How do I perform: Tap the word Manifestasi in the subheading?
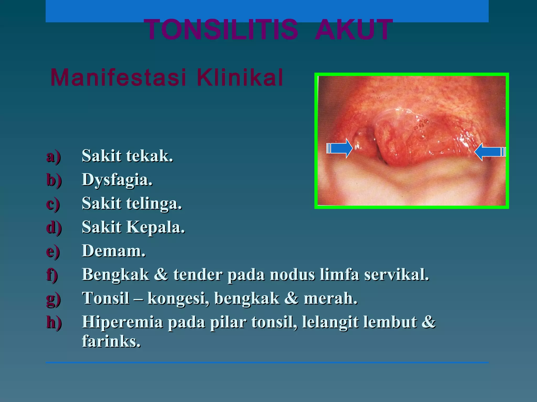pyautogui.click(x=118, y=77)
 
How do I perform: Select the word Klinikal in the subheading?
pyautogui.click(x=240, y=77)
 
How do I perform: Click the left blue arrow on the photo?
pyautogui.click(x=340, y=148)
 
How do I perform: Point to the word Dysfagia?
pyautogui.click(x=117, y=180)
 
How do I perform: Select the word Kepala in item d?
pyautogui.click(x=156, y=227)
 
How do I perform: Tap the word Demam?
pyautogui.click(x=114, y=251)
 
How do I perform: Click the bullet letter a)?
pyautogui.click(x=53, y=157)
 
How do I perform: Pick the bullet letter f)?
pyautogui.click(x=52, y=275)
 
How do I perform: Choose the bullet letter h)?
pyautogui.click(x=54, y=322)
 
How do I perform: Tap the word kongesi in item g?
pyautogui.click(x=178, y=299)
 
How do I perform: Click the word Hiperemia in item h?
pyautogui.click(x=122, y=322)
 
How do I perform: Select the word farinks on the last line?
pyautogui.click(x=111, y=341)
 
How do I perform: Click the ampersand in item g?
pyautogui.click(x=291, y=299)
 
